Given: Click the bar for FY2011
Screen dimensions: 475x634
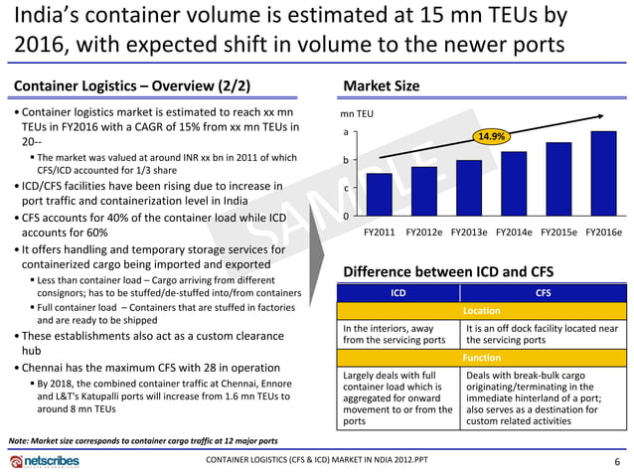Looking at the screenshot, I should pyautogui.click(x=380, y=195).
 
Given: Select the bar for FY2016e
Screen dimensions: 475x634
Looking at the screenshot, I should pyautogui.click(x=603, y=174).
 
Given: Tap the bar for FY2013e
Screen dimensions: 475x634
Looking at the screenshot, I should pyautogui.click(x=469, y=188).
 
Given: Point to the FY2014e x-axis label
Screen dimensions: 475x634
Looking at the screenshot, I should pyautogui.click(x=514, y=233).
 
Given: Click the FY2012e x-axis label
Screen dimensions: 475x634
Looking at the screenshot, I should pyautogui.click(x=424, y=233).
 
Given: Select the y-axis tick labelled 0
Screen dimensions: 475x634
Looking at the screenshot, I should pyautogui.click(x=346, y=216).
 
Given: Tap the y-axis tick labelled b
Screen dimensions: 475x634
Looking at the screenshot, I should pyautogui.click(x=346, y=160).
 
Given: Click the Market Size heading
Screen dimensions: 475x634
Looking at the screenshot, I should pyautogui.click(x=381, y=85).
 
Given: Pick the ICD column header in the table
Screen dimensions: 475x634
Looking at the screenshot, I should pyautogui.click(x=398, y=293).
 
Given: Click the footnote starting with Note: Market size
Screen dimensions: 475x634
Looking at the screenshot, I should pyautogui.click(x=142, y=439).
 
